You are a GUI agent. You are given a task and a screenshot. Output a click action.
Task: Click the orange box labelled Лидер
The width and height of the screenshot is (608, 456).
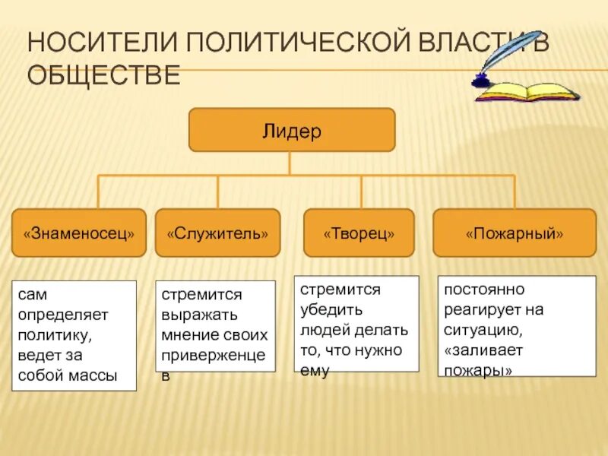point(292,130)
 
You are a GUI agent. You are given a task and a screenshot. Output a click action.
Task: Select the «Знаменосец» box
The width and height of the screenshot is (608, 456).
point(79,233)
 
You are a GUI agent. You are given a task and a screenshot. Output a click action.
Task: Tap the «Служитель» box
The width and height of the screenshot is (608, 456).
point(217,233)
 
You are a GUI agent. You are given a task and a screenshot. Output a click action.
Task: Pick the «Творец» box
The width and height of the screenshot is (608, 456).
point(359,233)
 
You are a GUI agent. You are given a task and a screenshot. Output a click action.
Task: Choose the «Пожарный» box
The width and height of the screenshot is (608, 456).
point(515,233)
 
